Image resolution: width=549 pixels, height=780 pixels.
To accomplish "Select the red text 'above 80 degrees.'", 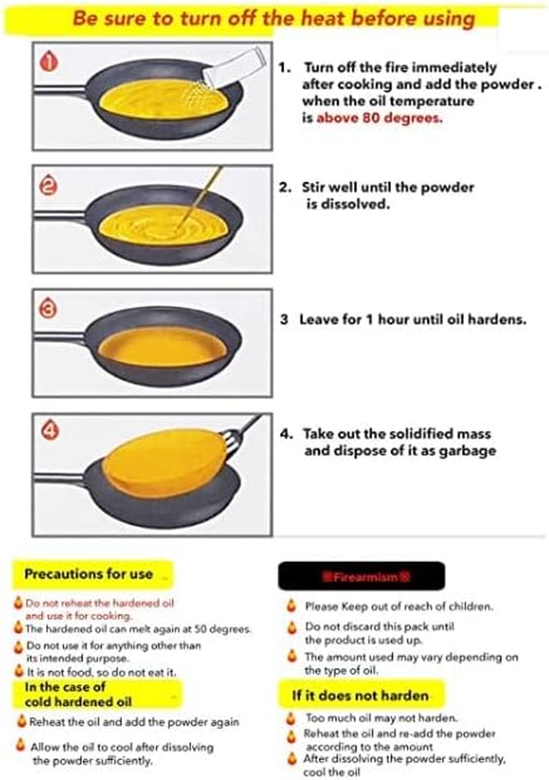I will tap(379, 117).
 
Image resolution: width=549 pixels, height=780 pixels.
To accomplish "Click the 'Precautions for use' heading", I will tap(89, 574).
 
